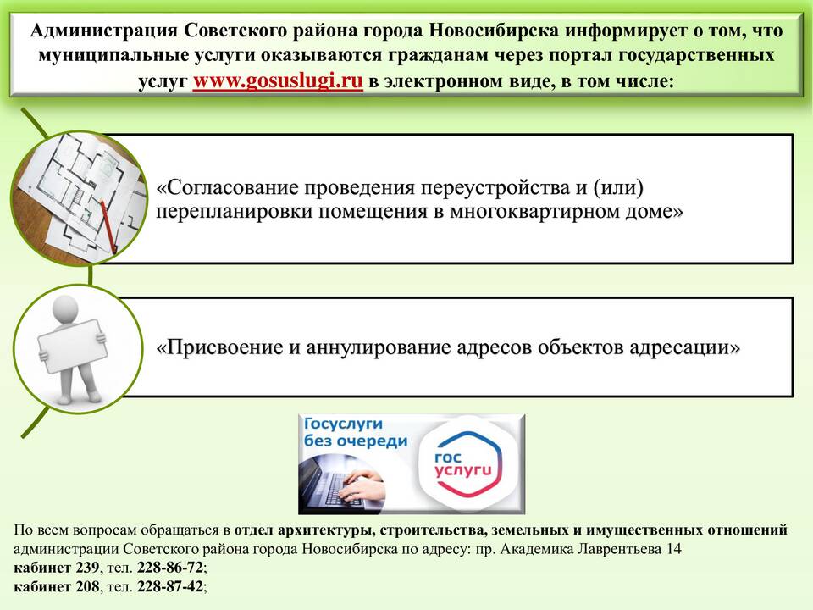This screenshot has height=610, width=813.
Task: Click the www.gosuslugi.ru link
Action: (278, 81)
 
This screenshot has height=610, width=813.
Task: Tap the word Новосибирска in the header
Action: (494, 30)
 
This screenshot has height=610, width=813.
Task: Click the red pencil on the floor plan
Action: (108, 226)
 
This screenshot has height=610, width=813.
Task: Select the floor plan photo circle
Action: (79, 198)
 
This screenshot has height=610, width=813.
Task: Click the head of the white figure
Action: (66, 309)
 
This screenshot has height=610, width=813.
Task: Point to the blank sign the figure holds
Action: (73, 346)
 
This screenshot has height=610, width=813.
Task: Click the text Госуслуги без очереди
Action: (356, 432)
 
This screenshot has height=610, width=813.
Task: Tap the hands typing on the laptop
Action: (360, 485)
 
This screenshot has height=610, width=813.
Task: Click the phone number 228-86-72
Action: (169, 568)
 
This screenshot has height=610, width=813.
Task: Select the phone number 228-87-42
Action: (169, 586)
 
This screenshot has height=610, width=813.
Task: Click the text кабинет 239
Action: (56, 568)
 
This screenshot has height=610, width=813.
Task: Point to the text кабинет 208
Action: (56, 586)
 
